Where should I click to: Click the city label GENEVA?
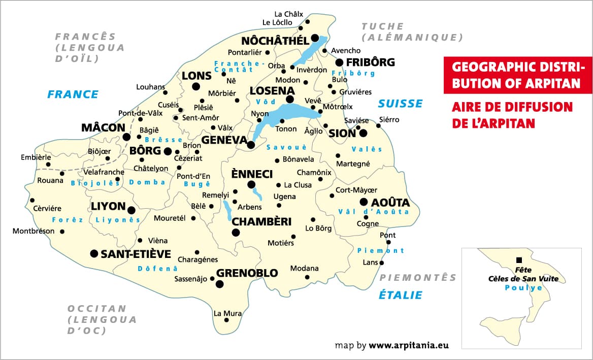coord(224,139)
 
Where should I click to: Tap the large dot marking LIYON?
coord(131,210)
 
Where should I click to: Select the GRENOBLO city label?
coord(247,273)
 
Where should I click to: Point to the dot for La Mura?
coord(226,320)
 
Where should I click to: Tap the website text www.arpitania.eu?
coord(409,345)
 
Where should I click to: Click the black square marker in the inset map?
coord(519,259)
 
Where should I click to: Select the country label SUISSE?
coord(400,104)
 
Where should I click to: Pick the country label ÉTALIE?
coord(401,295)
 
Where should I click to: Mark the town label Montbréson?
coord(34,231)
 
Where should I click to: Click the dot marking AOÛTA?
coord(364,202)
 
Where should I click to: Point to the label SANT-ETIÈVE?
coord(136,254)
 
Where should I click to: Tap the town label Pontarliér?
coord(245,52)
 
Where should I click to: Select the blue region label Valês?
coord(367,149)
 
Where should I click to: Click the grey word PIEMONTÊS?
coord(418,277)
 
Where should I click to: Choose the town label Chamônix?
coord(314,173)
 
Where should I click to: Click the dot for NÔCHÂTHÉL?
coord(315,38)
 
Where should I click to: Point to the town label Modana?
coord(304,268)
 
